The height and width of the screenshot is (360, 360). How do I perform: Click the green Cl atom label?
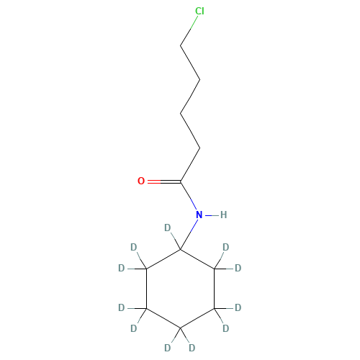pyautogui.click(x=199, y=12)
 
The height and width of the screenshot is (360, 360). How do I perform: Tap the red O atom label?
pyautogui.click(x=141, y=181)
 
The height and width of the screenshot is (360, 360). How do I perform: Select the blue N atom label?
pyautogui.click(x=199, y=215)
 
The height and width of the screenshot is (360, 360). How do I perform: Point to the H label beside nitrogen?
pyautogui.click(x=223, y=215)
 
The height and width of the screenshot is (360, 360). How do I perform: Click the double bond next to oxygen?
pyautogui.click(x=155, y=181)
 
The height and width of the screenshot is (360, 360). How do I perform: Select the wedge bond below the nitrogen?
pyautogui.click(x=189, y=232)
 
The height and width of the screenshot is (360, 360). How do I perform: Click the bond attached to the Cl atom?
pyautogui.click(x=189, y=30)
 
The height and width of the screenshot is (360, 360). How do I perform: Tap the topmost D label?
pyautogui.click(x=168, y=228)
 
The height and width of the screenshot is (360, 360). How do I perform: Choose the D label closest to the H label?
pyautogui.click(x=225, y=247)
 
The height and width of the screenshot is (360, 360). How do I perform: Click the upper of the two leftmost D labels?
pyautogui.click(x=121, y=268)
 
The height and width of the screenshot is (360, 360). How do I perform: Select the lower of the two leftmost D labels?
pyautogui.click(x=121, y=307)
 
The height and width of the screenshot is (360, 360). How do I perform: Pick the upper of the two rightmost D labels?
pyautogui.click(x=238, y=268)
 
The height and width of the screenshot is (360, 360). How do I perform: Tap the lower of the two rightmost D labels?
pyautogui.click(x=238, y=307)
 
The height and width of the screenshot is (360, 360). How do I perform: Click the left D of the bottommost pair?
pyautogui.click(x=168, y=347)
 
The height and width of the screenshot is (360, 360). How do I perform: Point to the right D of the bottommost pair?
pyautogui.click(x=192, y=347)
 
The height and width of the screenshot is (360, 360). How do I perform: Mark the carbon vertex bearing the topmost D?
pyautogui.click(x=180, y=249)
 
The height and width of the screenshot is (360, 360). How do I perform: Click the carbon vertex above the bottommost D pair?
pyautogui.click(x=180, y=328)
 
